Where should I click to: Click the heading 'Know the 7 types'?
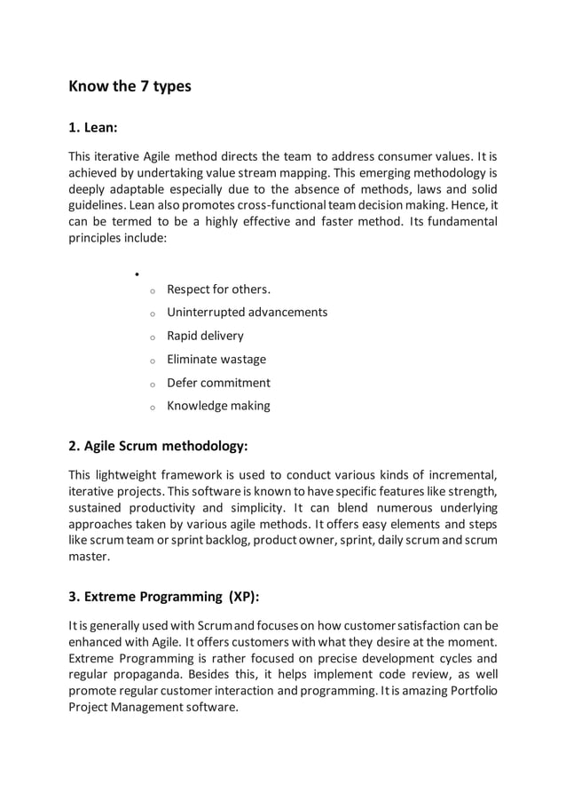point(130,87)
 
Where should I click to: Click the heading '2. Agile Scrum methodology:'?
point(158,445)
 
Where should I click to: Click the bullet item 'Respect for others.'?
point(219,289)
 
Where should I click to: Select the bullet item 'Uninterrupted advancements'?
point(247,313)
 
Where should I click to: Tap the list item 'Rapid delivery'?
point(205,336)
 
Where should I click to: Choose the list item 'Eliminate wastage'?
point(216,360)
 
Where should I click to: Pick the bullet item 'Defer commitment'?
point(218,383)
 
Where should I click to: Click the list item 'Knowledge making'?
point(218,406)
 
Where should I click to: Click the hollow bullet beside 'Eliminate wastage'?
point(152,361)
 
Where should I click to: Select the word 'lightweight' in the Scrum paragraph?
point(132,471)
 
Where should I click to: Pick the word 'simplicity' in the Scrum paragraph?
point(251,508)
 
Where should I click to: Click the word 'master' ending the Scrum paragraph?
point(89,558)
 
